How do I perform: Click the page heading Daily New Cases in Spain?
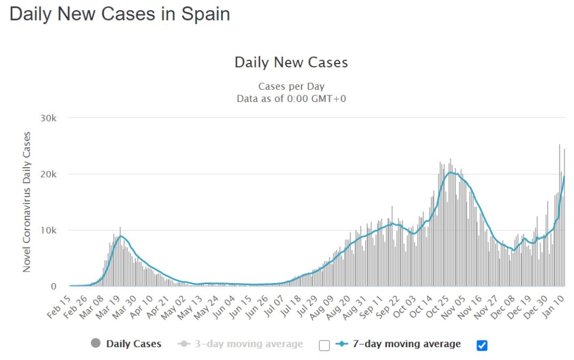(x=120, y=14)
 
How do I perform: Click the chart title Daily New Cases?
(x=291, y=62)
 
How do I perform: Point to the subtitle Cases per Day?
(x=291, y=86)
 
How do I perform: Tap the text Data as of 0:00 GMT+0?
(x=291, y=99)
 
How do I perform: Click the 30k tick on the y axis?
(x=47, y=118)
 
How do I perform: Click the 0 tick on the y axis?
(x=54, y=286)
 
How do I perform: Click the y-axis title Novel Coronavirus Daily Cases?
(x=27, y=202)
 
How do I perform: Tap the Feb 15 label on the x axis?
(x=60, y=306)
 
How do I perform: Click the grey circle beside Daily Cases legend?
(x=96, y=344)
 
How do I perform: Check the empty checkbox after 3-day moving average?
(x=324, y=345)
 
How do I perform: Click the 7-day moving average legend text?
(x=407, y=344)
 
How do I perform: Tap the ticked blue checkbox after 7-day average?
(x=482, y=345)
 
